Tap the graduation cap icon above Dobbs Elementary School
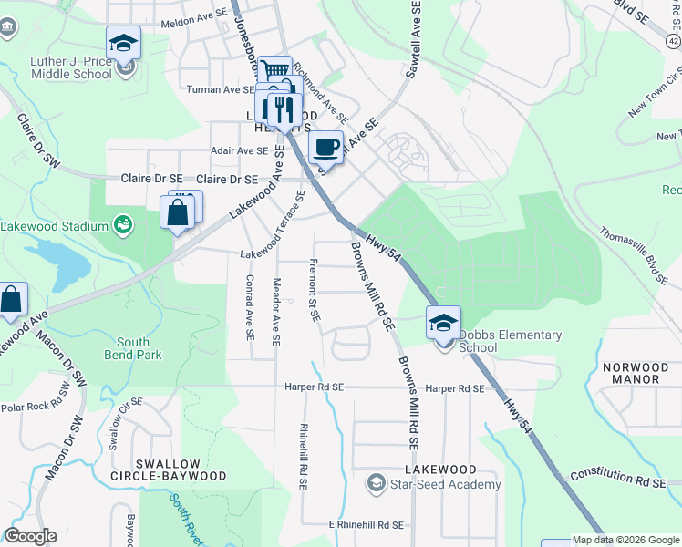click(x=444, y=322)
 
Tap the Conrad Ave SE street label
click(x=248, y=306)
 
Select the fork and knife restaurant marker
click(x=284, y=110)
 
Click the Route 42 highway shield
click(x=673, y=41)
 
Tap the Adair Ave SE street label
click(x=241, y=150)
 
